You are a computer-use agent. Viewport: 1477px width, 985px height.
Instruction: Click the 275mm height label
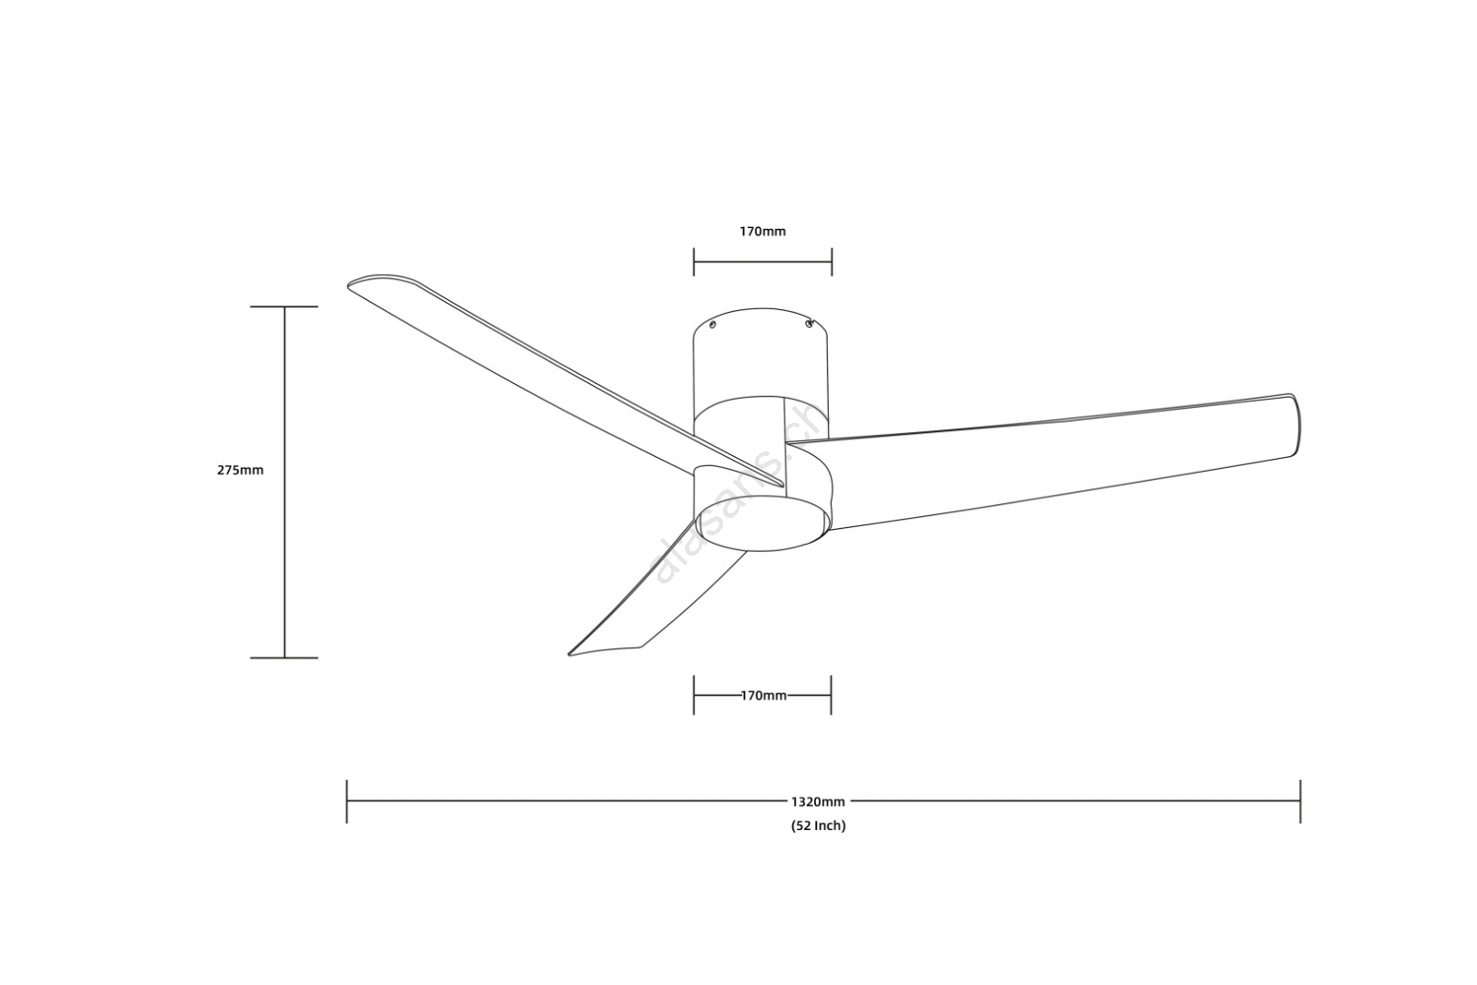[x=240, y=470]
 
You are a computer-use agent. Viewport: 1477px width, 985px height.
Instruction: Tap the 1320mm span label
[x=818, y=801]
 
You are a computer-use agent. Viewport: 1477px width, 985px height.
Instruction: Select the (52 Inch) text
[x=818, y=825]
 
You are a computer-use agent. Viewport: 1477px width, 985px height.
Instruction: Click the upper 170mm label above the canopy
[x=763, y=232]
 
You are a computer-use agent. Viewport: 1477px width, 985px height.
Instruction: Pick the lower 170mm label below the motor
[x=763, y=695]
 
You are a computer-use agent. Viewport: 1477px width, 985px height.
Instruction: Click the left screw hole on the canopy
[x=713, y=324]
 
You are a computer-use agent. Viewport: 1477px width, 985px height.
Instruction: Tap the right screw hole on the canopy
[x=809, y=323]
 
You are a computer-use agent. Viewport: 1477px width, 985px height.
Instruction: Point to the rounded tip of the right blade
[x=1297, y=426]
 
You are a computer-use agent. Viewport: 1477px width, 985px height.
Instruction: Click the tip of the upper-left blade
[x=349, y=285]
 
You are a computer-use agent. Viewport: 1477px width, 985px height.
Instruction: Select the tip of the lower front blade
[x=570, y=654]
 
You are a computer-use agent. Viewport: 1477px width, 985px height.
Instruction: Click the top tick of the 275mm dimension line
[x=284, y=306]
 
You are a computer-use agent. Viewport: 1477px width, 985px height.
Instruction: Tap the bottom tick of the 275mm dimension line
[x=284, y=657]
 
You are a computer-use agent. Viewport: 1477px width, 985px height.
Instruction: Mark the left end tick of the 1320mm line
[x=347, y=801]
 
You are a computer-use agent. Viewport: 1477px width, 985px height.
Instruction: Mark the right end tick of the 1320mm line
[x=1301, y=801]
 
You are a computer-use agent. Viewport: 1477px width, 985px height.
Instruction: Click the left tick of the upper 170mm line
[x=693, y=262]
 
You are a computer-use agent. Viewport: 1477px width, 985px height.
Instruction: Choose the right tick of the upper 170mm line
[x=832, y=262]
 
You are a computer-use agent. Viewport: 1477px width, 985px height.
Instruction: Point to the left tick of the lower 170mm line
[x=693, y=695]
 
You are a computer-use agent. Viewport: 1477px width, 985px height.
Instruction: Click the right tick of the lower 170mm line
[x=831, y=695]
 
